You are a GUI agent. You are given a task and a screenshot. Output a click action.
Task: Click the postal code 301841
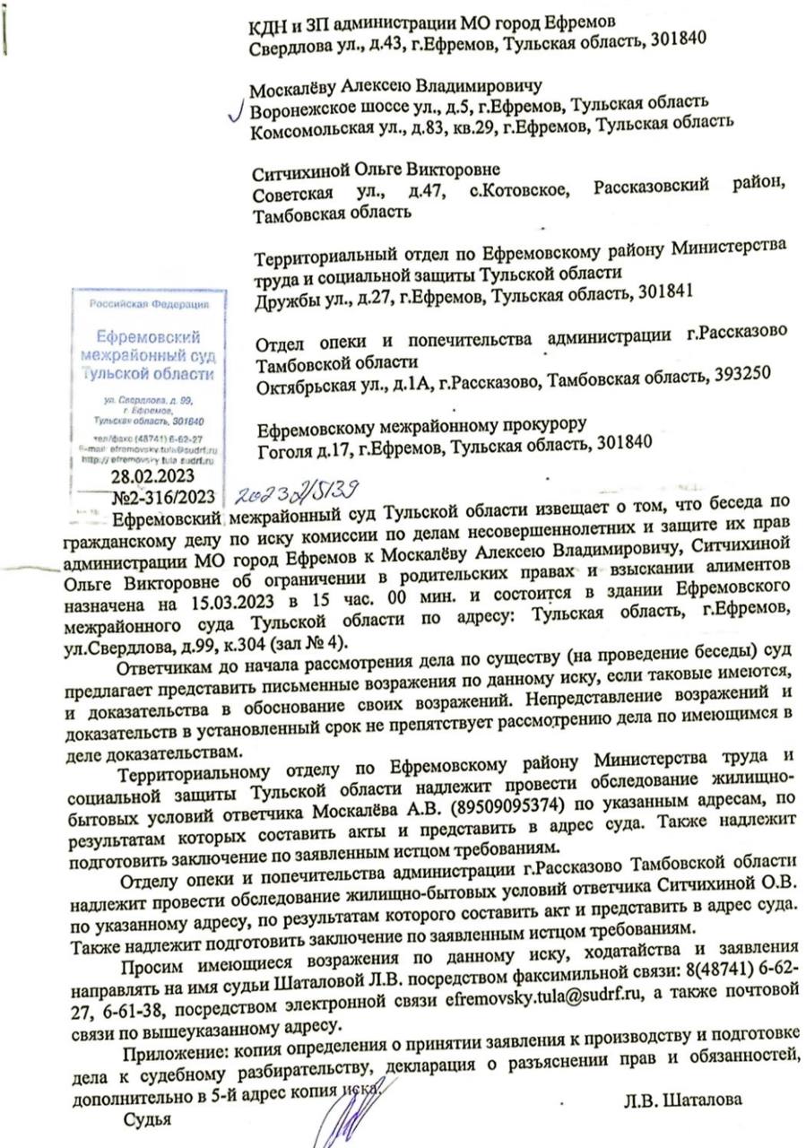(661, 293)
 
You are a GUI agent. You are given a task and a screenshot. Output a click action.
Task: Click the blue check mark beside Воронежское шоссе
(238, 112)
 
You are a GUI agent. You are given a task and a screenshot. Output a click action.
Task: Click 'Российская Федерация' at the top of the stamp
(149, 304)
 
